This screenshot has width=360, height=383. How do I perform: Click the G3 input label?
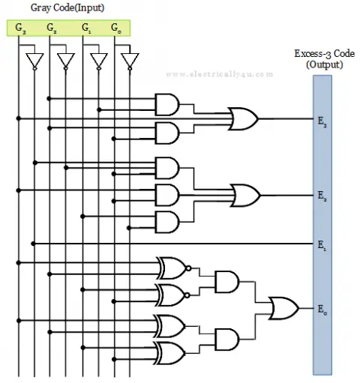tap(19, 28)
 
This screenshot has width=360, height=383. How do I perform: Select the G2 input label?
tap(52, 28)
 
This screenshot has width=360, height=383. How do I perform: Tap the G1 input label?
tap(86, 28)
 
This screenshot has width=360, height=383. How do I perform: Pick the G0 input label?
tap(115, 28)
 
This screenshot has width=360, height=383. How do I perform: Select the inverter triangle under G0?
tap(130, 60)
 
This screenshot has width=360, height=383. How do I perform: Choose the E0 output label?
tap(321, 309)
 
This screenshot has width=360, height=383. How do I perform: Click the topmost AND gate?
tap(166, 104)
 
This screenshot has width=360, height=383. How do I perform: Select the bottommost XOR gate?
tap(170, 350)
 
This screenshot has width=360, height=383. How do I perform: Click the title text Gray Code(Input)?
tap(67, 7)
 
